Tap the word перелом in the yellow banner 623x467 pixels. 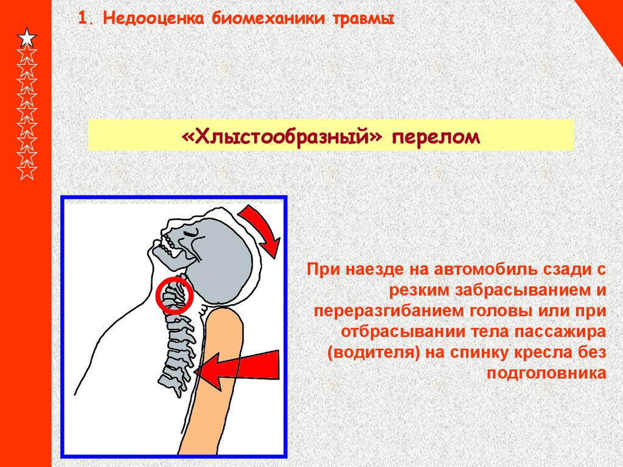pos(436,136)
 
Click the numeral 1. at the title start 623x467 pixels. pos(86,19)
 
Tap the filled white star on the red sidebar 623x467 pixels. pos(27,38)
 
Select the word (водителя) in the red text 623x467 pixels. pos(373,352)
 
